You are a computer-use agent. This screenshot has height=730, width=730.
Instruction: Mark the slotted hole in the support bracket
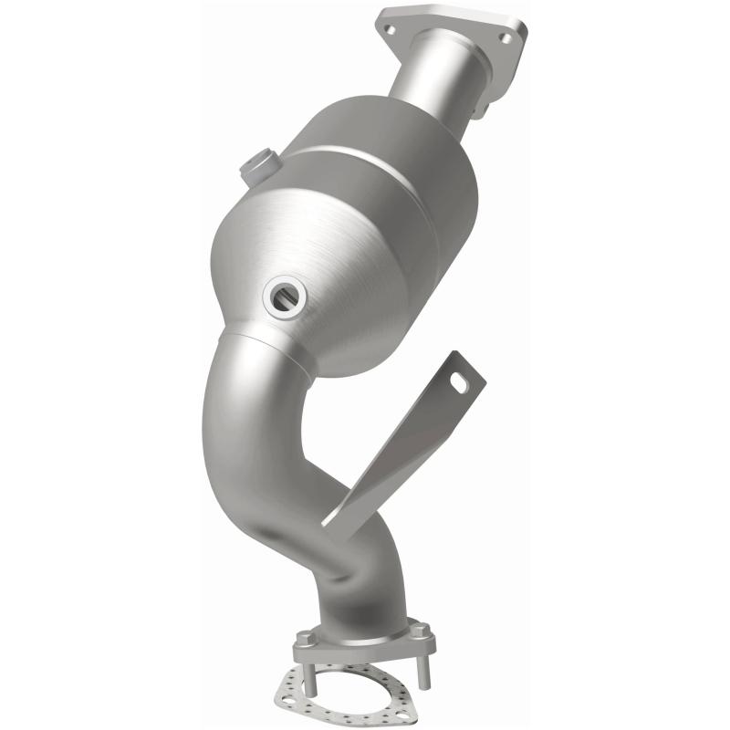(460, 384)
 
